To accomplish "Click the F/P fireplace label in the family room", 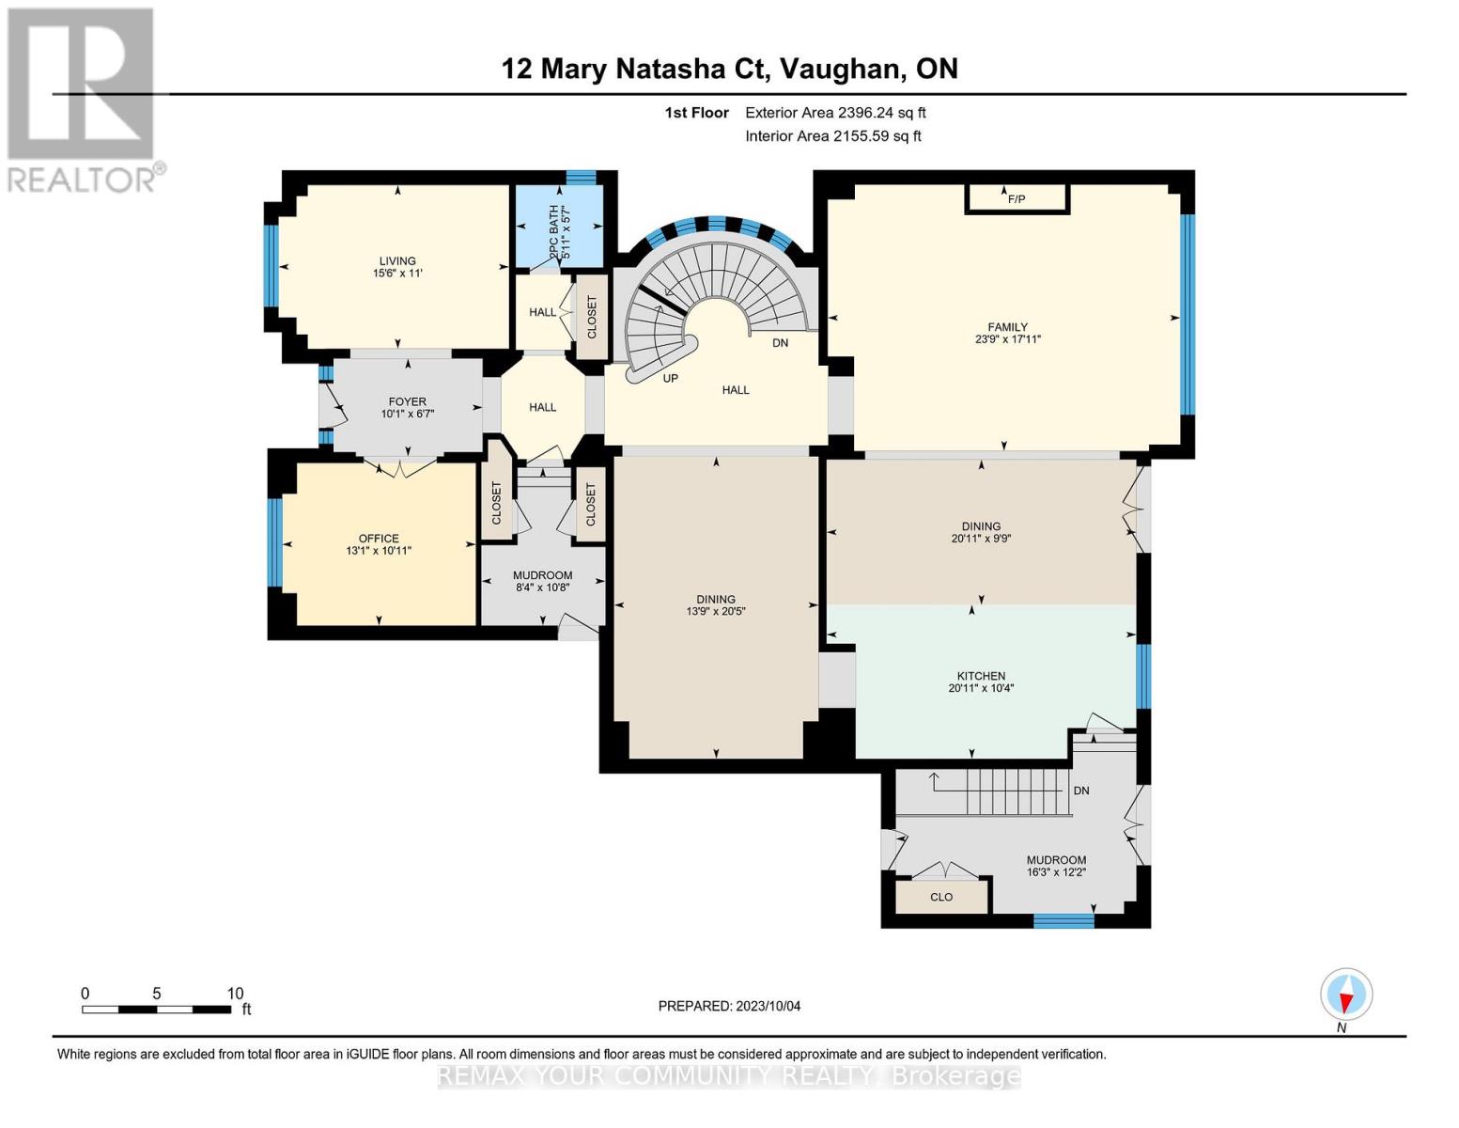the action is tap(1016, 199).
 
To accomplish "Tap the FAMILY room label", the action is tap(1007, 327).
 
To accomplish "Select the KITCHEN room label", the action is tap(981, 676).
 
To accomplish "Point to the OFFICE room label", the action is tap(379, 538).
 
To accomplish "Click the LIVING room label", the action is tap(397, 260).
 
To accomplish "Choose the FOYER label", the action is tap(407, 401).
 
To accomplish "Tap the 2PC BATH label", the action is tap(554, 232).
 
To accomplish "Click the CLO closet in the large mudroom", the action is tap(941, 897).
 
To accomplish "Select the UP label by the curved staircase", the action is tap(670, 378).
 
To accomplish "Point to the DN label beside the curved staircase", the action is tap(780, 343).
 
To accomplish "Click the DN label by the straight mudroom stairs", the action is tap(1081, 791).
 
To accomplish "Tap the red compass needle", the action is tap(1345, 1001).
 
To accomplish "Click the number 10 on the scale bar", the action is tap(235, 994).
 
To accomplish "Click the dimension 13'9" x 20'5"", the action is tap(716, 611).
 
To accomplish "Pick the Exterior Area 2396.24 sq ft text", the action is tap(835, 113).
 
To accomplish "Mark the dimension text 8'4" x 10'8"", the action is tap(542, 587).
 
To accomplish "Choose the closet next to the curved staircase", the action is tap(592, 317).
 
